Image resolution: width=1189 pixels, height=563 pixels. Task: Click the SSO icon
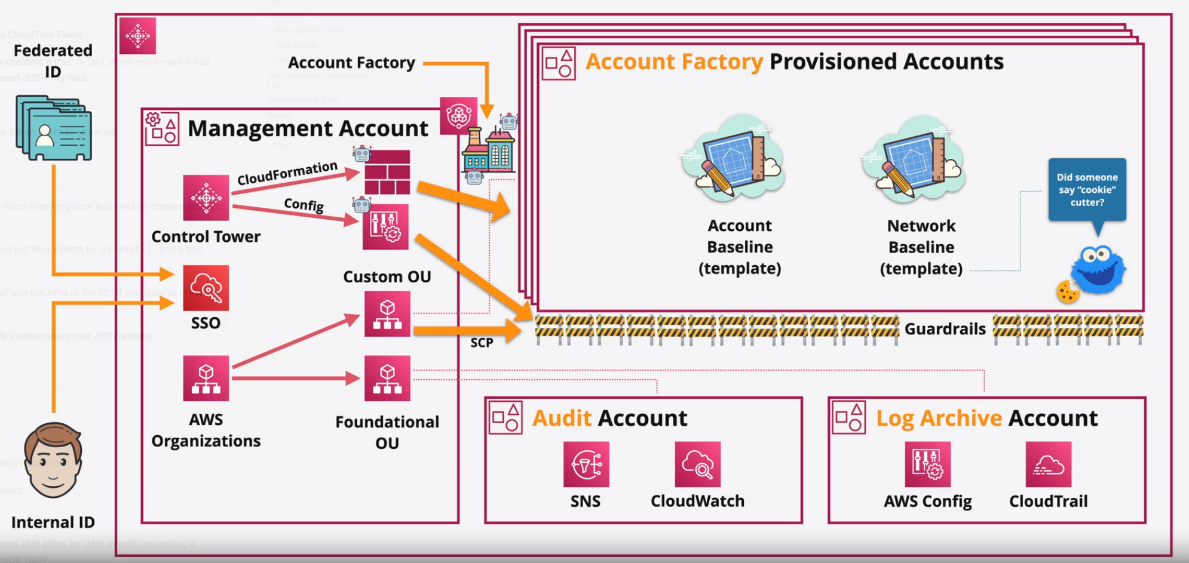[x=206, y=288]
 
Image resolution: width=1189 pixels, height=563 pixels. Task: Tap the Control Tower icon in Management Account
[x=206, y=198]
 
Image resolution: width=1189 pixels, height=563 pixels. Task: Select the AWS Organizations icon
[x=206, y=379]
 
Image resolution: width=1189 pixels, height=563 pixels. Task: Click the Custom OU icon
[x=387, y=314]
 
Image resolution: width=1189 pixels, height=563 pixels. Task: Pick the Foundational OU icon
[x=387, y=379]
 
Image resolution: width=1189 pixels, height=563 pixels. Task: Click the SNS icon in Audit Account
[x=586, y=464]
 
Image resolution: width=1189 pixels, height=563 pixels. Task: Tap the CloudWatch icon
[x=697, y=464]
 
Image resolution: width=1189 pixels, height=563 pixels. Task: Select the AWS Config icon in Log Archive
[x=927, y=464]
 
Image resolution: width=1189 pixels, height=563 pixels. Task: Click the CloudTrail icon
[x=1048, y=464]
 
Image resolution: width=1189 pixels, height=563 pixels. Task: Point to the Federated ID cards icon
[x=54, y=128]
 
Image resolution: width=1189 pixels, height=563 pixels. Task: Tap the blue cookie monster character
[x=1098, y=270]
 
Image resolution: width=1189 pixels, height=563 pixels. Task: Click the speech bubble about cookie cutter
[x=1087, y=190]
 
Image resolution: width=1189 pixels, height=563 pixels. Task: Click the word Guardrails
[x=945, y=329]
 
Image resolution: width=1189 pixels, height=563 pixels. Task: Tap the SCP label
[x=482, y=343]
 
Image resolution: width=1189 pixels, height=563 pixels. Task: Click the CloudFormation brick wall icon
[x=387, y=172]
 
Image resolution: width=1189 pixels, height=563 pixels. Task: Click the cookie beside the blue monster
[x=1067, y=292]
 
